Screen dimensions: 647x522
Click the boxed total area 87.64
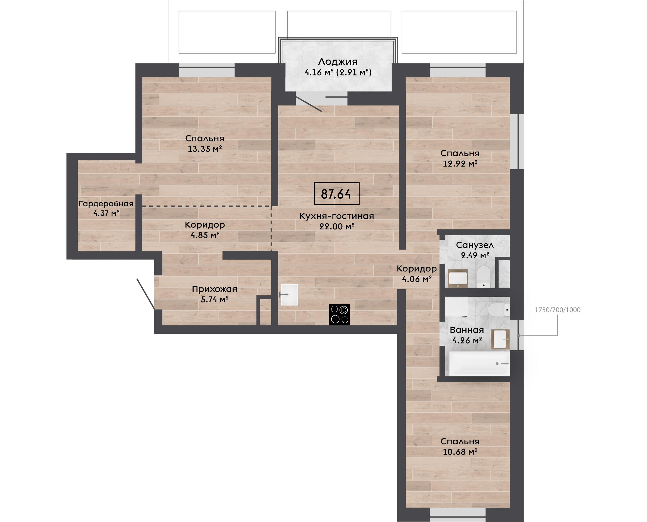click(336, 194)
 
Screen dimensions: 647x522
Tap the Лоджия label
click(338, 62)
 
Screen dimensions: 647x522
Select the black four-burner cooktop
click(339, 315)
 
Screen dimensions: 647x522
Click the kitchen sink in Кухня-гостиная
click(289, 295)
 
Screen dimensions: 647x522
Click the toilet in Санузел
click(484, 276)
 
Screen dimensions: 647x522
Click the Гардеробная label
click(106, 204)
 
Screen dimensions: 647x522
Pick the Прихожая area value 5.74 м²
click(214, 299)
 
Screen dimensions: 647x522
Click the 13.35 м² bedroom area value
click(204, 149)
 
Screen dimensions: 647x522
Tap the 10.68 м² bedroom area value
click(460, 452)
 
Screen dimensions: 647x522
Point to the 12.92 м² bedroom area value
click(460, 164)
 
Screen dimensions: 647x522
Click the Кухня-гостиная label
click(336, 216)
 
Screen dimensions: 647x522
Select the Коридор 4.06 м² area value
click(417, 279)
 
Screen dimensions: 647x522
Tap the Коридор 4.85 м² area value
click(204, 235)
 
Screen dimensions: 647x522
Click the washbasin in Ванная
click(500, 339)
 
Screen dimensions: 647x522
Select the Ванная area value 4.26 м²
click(467, 340)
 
